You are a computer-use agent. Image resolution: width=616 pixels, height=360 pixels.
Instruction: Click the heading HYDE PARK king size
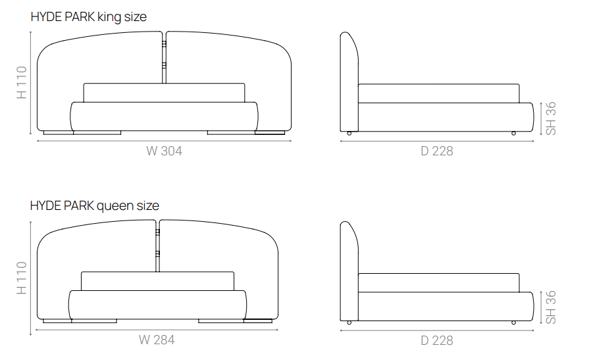(88, 17)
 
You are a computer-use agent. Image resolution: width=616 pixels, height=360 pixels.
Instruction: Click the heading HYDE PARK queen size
(95, 206)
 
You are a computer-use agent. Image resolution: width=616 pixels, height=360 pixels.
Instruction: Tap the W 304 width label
(165, 151)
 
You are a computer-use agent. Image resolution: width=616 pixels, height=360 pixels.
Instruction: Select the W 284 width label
(157, 340)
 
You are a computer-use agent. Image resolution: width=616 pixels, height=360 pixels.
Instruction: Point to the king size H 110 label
(22, 82)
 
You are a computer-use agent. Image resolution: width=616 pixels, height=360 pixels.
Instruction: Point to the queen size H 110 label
(22, 278)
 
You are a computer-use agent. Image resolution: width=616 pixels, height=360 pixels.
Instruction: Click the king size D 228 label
(437, 151)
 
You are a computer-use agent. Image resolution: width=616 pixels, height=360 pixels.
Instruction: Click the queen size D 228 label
(437, 340)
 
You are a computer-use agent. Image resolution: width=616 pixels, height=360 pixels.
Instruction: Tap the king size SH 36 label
(551, 118)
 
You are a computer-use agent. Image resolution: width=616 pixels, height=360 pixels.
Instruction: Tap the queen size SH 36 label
(551, 307)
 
